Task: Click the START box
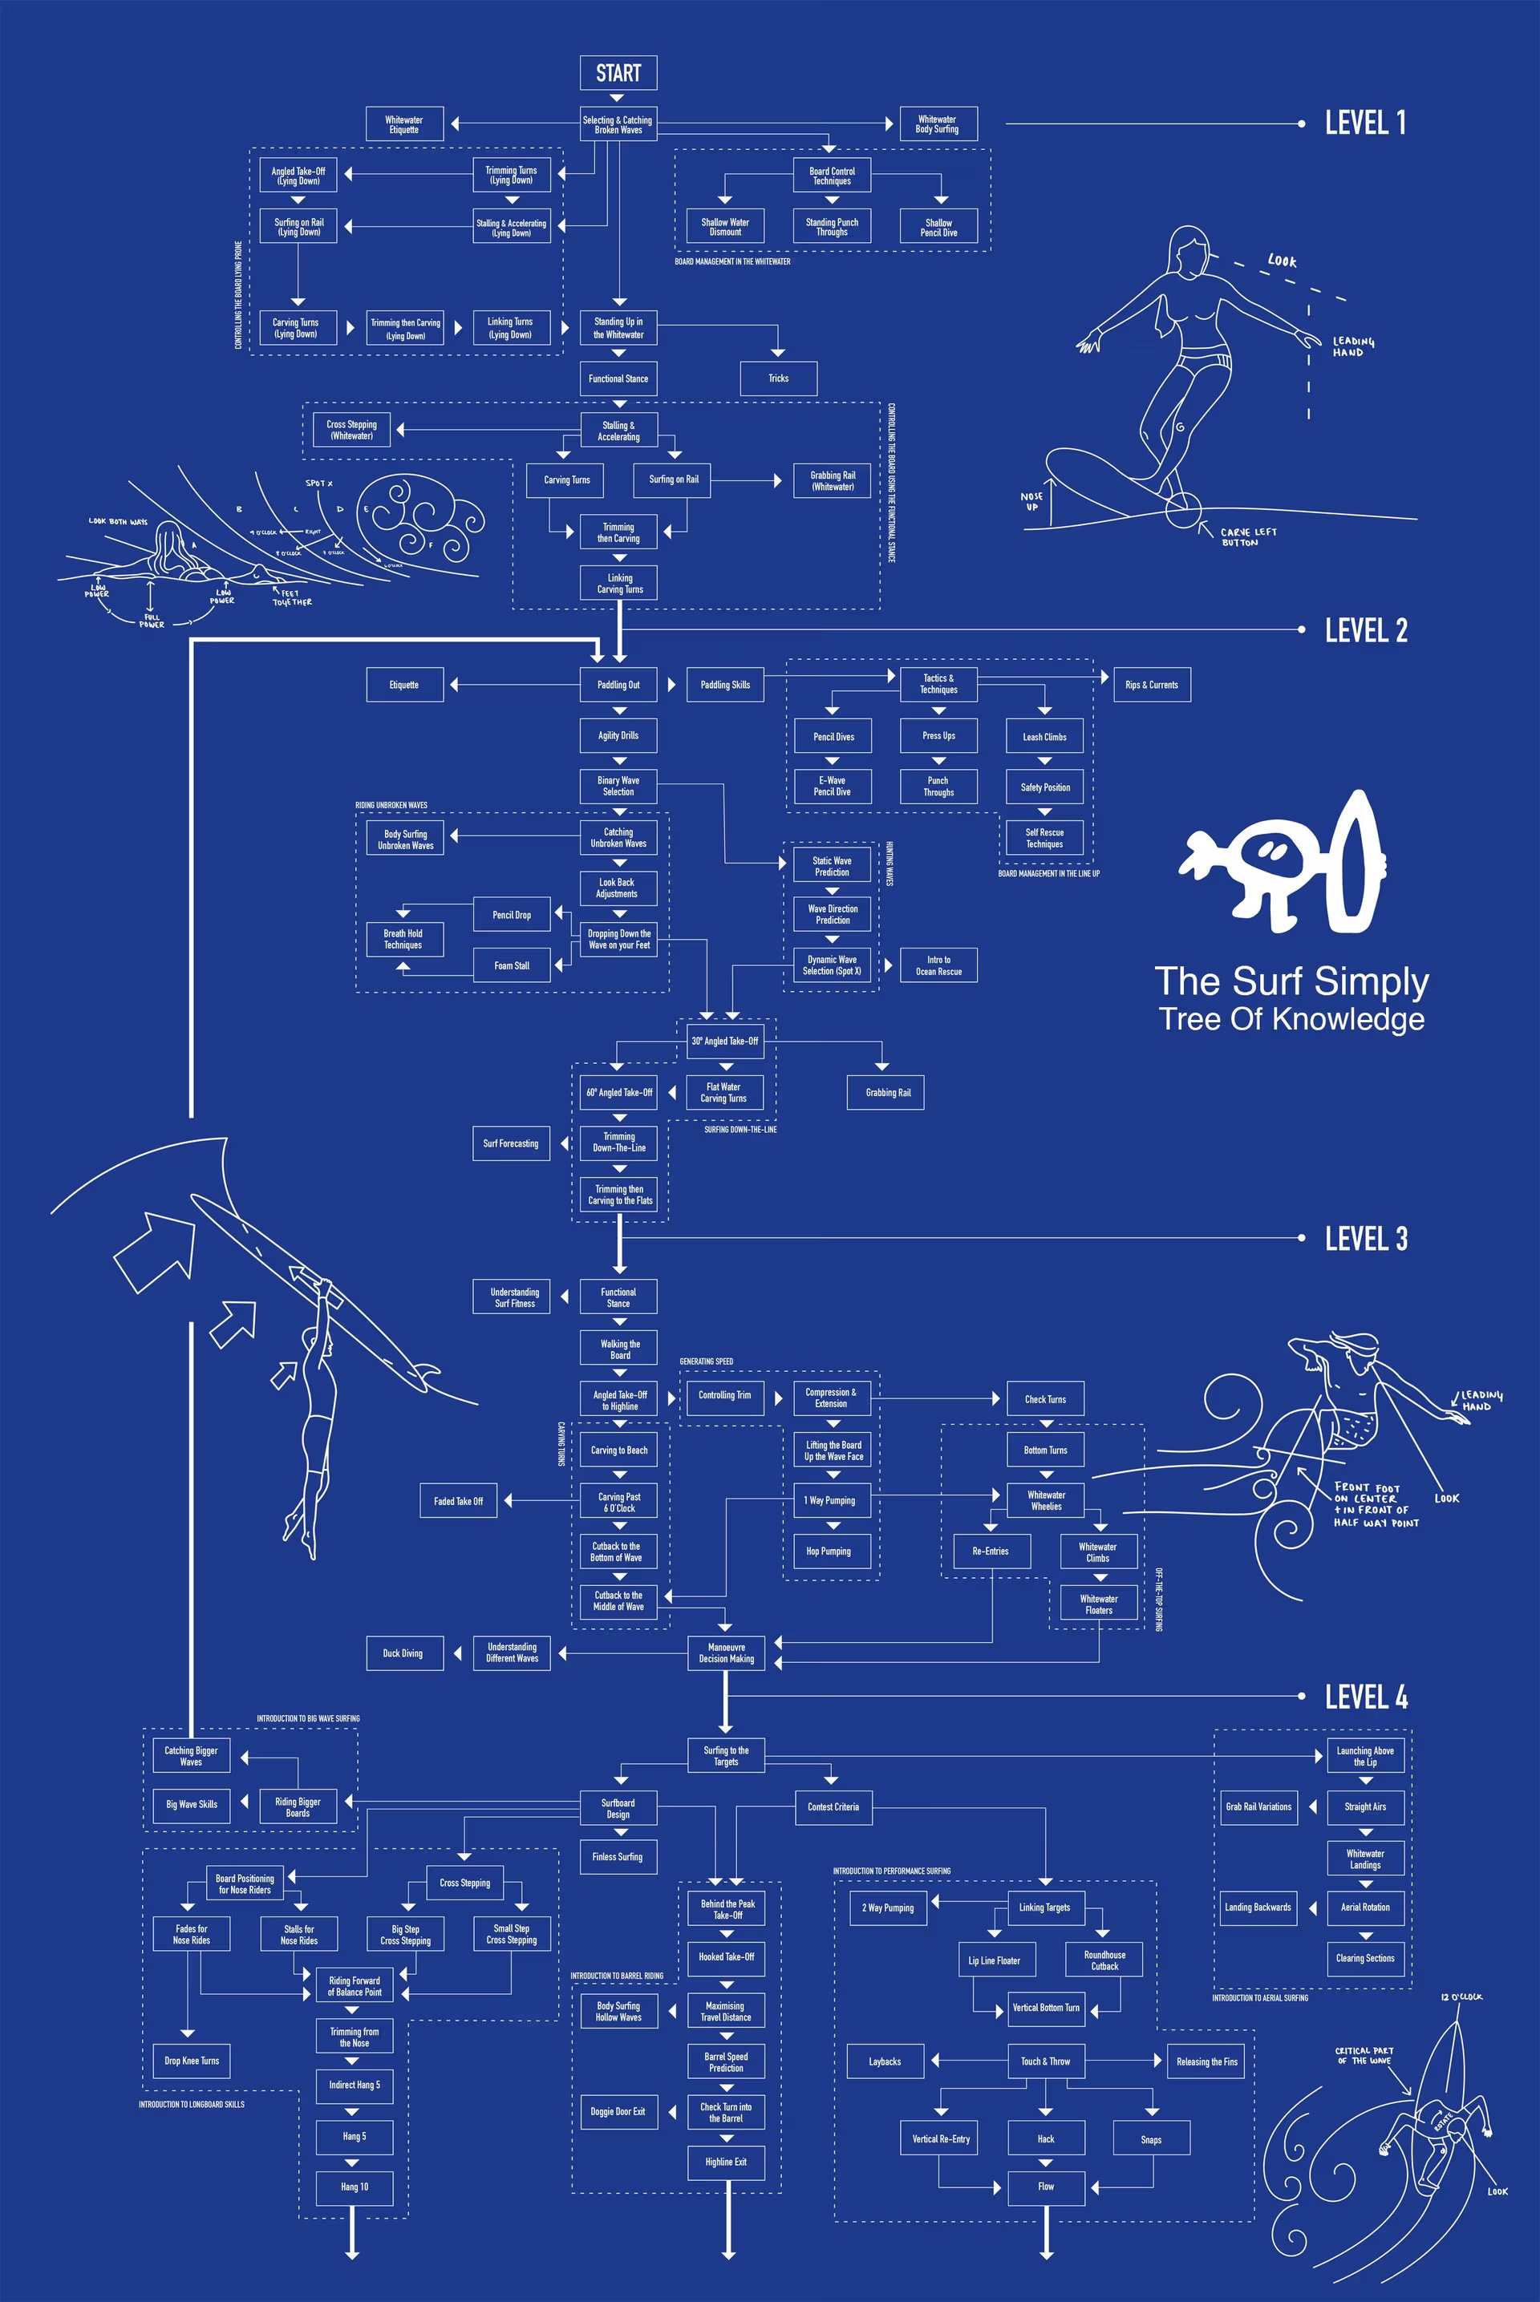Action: coord(618,73)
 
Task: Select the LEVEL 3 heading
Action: coord(1365,1239)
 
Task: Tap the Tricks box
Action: coord(778,378)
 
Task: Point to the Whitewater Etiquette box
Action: coord(403,124)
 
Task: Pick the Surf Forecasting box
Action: coord(511,1143)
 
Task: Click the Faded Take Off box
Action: coord(458,1501)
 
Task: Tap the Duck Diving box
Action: coord(403,1653)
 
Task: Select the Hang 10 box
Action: coord(355,2187)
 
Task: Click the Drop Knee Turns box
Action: coord(192,2061)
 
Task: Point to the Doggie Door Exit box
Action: coord(618,2111)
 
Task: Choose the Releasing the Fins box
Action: coord(1207,2061)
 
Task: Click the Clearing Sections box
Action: coord(1365,1957)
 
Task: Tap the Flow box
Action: coord(1046,2187)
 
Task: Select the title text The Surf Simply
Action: coord(1291,981)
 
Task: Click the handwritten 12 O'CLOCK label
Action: coord(1461,1997)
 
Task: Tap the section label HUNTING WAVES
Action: coord(890,864)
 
